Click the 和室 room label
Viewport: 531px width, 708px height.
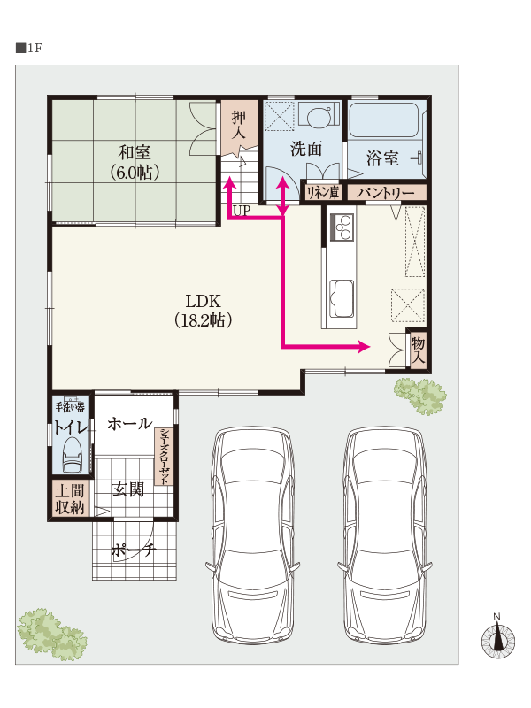(x=135, y=152)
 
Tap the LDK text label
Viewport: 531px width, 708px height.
(x=204, y=301)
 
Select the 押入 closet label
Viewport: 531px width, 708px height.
(x=239, y=125)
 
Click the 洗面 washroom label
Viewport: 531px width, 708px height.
(x=306, y=149)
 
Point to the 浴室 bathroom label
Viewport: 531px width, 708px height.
(x=382, y=158)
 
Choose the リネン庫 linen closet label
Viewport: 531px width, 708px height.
(x=322, y=193)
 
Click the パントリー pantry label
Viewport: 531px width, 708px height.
(x=386, y=193)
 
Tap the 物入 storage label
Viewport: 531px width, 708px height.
(x=418, y=350)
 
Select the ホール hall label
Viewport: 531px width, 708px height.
(x=129, y=424)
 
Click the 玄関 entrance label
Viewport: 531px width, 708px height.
(x=128, y=489)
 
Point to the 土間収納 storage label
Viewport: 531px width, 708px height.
(x=70, y=499)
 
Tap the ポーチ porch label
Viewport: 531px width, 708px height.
(x=134, y=550)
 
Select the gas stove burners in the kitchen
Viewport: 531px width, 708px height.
(x=342, y=227)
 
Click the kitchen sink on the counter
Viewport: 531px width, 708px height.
(x=342, y=298)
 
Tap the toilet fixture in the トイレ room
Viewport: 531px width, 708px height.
(x=73, y=454)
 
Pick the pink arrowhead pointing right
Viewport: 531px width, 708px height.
(x=365, y=347)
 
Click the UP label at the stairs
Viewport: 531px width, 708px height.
(x=242, y=211)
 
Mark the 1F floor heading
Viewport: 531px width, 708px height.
(x=29, y=49)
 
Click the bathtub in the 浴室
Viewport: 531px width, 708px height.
(x=383, y=119)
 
